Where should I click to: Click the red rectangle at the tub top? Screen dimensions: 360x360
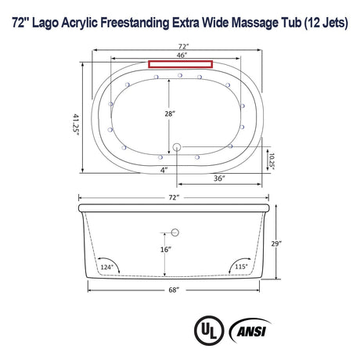pos(181,64)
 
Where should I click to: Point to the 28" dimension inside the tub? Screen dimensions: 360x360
pos(169,113)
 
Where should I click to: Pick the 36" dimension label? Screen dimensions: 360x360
pos(219,179)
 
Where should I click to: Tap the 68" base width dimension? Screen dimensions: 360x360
pos(174,290)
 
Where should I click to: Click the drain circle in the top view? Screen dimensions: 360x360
pos(175,146)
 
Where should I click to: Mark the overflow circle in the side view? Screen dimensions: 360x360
pos(175,232)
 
